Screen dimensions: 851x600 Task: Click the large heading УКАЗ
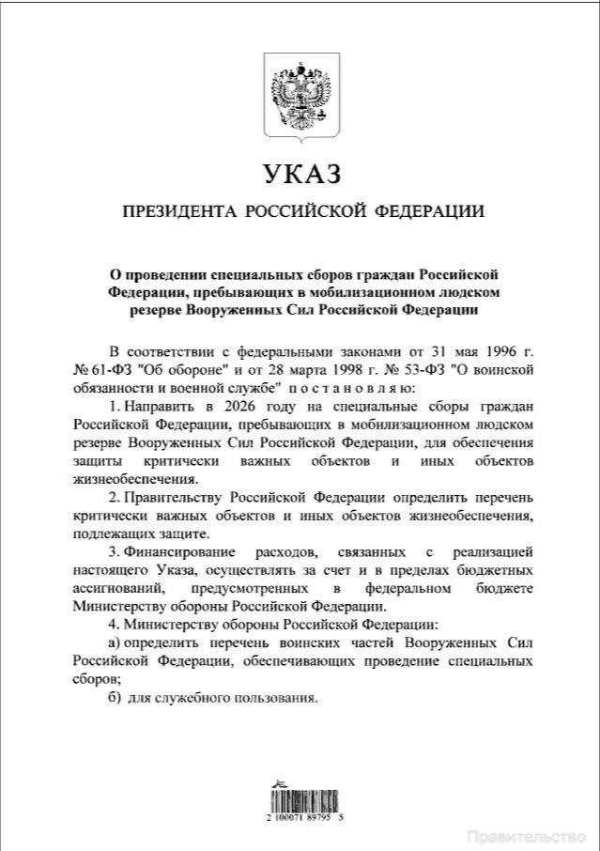[x=300, y=175]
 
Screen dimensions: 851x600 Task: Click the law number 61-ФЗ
[x=105, y=369]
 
